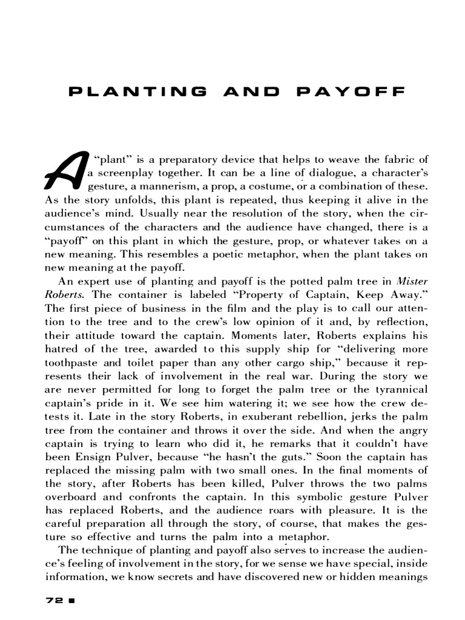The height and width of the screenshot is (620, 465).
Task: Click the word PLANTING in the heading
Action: pos(137,92)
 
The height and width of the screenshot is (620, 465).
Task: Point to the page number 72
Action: pos(55,601)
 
